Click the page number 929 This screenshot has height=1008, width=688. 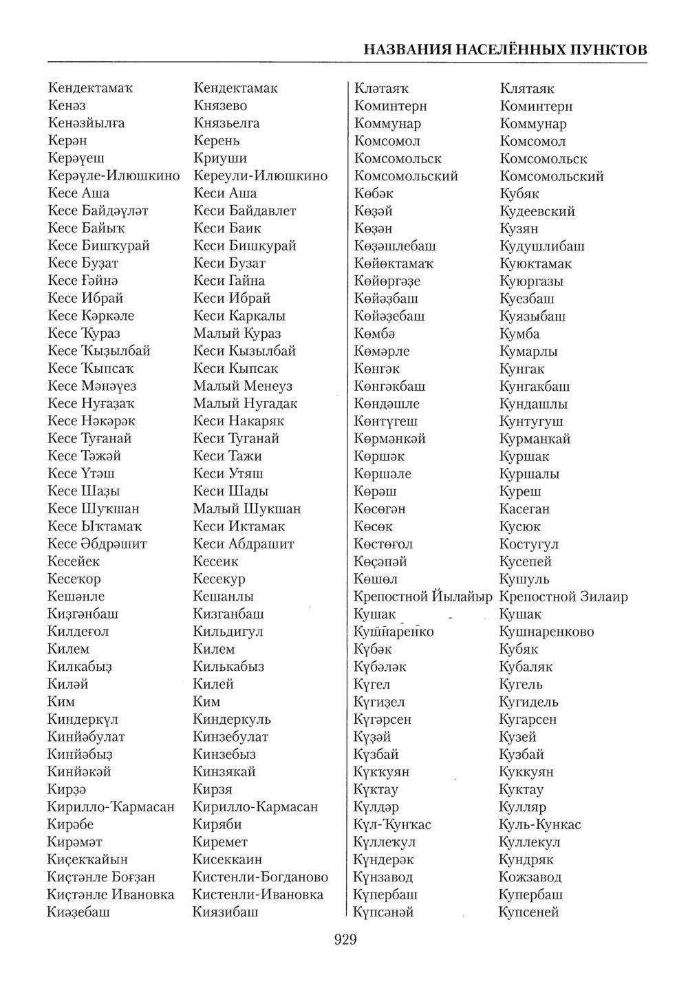[345, 939]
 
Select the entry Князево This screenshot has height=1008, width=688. [220, 106]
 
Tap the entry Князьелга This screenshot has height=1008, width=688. [226, 123]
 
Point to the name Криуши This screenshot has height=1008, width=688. [220, 158]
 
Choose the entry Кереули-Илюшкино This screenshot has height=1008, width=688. [260, 176]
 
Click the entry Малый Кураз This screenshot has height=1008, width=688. [237, 334]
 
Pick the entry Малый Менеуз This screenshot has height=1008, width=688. [242, 386]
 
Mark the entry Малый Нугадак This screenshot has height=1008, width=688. [245, 404]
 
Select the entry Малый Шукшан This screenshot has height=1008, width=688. [246, 509]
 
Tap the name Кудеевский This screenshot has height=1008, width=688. [537, 211]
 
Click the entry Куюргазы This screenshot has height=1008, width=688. [532, 281]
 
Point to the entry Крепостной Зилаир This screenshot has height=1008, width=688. [563, 597]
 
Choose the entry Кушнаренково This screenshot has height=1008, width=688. [546, 632]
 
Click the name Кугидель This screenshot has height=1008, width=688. [528, 702]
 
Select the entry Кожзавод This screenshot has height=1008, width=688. [530, 877]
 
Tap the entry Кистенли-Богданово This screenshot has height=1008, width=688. [260, 877]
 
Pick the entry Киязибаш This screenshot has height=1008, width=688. [226, 912]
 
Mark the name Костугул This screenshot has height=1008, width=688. [528, 544]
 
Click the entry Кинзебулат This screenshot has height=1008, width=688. [230, 737]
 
